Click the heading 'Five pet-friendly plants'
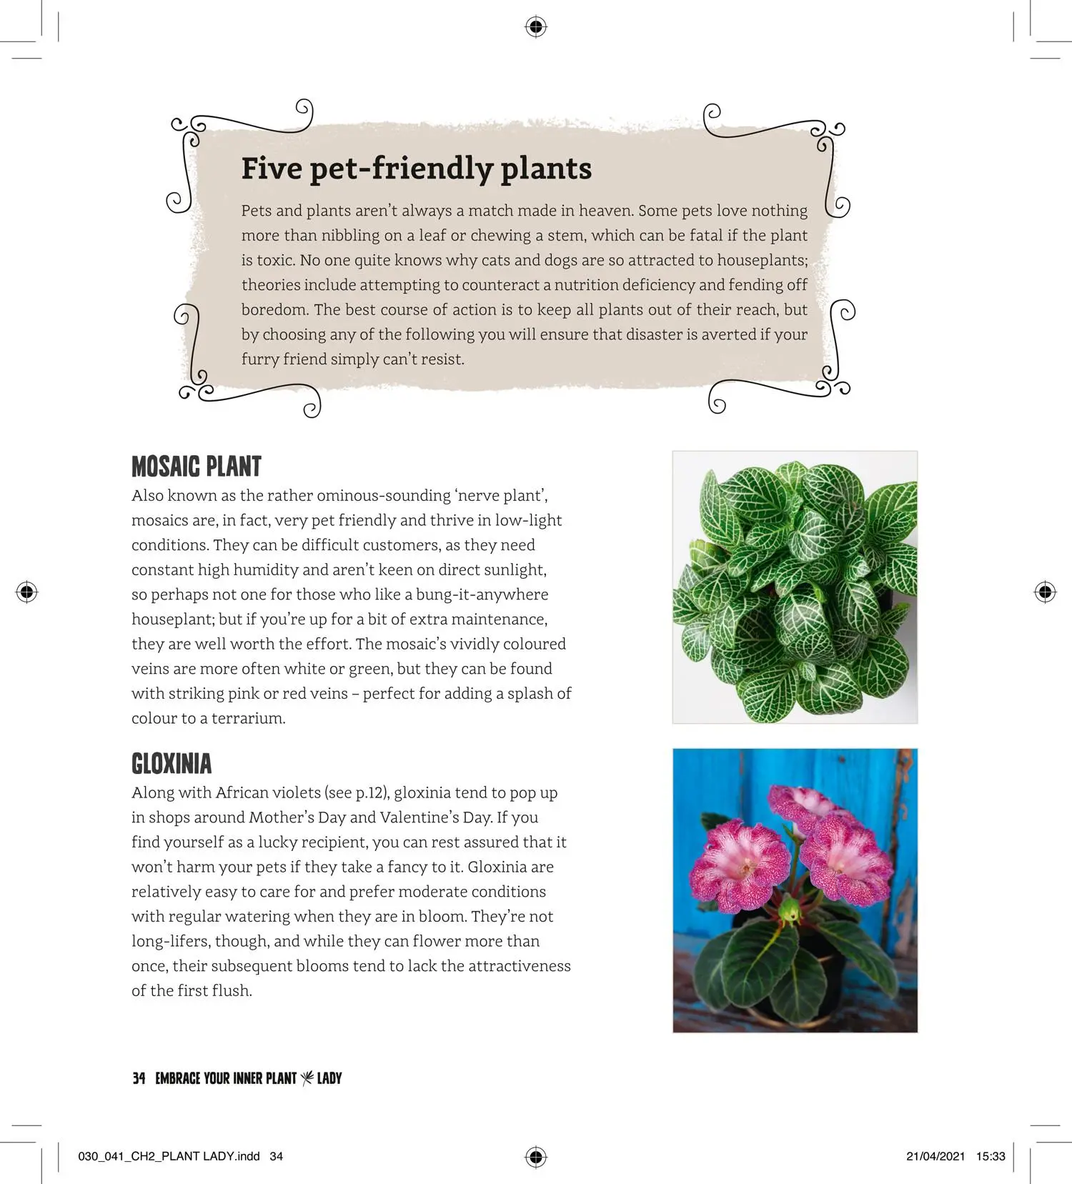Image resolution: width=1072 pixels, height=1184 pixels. pyautogui.click(x=416, y=169)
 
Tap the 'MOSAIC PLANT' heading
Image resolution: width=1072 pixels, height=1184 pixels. pyautogui.click(x=197, y=467)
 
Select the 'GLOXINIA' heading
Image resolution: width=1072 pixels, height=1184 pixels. pyautogui.click(x=172, y=764)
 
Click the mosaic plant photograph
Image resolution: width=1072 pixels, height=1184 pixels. pyautogui.click(x=795, y=587)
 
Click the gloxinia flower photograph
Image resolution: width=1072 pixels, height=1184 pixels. pyautogui.click(x=795, y=890)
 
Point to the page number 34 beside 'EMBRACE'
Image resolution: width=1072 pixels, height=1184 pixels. pyautogui.click(x=139, y=1078)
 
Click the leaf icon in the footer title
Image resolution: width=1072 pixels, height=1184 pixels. pyautogui.click(x=307, y=1078)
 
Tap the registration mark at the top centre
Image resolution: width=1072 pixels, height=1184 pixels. pyautogui.click(x=536, y=27)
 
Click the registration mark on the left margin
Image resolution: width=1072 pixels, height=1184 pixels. pyautogui.click(x=26, y=592)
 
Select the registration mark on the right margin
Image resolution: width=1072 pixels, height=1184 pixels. pyautogui.click(x=1045, y=592)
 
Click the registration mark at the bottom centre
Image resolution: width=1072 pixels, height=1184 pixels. pyautogui.click(x=536, y=1157)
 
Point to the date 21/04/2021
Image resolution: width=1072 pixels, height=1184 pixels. pyautogui.click(x=935, y=1157)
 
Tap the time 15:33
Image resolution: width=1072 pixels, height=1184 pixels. pyautogui.click(x=991, y=1157)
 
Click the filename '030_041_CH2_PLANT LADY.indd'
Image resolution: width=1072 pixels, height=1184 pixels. pyautogui.click(x=169, y=1157)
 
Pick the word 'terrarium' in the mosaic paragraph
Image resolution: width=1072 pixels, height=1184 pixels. pyautogui.click(x=247, y=719)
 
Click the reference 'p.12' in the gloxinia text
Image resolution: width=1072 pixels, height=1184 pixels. pyautogui.click(x=370, y=793)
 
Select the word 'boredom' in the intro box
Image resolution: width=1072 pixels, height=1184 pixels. pyautogui.click(x=274, y=310)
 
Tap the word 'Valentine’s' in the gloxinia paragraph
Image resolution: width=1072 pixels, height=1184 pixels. pyautogui.click(x=423, y=817)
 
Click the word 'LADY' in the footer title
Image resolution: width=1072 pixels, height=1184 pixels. pyautogui.click(x=329, y=1078)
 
